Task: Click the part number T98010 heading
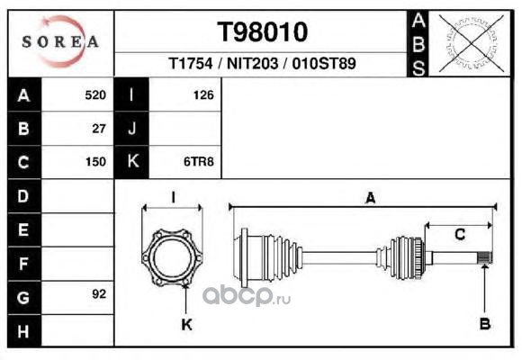[x=262, y=32]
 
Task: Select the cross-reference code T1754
[x=191, y=64]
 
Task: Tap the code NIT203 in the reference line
[x=252, y=64]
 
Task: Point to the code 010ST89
[x=324, y=64]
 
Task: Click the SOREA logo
[x=60, y=41]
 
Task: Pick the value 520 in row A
[x=95, y=95]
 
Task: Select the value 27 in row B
[x=99, y=129]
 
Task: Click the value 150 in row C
[x=95, y=162]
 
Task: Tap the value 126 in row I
[x=203, y=95]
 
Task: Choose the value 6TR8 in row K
[x=199, y=162]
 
